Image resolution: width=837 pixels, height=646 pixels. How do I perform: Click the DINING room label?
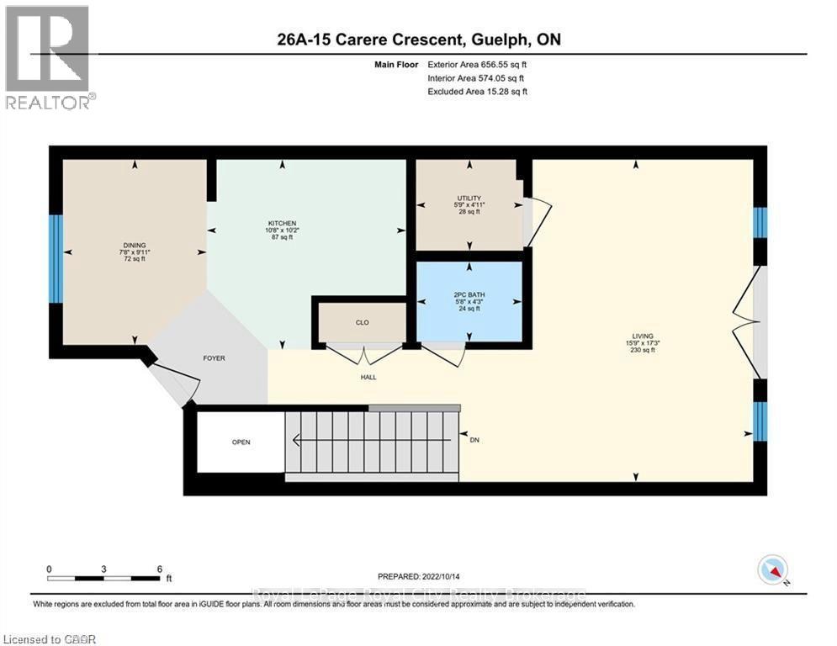click(x=134, y=245)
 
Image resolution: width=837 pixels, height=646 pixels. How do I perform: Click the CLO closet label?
click(x=362, y=322)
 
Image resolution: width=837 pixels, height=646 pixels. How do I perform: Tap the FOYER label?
click(x=214, y=358)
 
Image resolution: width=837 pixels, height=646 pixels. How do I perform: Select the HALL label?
click(x=368, y=377)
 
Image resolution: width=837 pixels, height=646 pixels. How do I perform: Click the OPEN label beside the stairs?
click(x=241, y=442)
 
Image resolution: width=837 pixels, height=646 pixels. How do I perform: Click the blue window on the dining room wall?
click(x=56, y=258)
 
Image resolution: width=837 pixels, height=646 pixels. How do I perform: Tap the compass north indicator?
click(x=772, y=571)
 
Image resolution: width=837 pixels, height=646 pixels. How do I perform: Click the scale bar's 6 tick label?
click(x=159, y=569)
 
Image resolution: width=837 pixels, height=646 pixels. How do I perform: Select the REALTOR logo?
click(x=48, y=56)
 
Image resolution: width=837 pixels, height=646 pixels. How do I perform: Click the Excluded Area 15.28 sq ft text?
click(x=478, y=92)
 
